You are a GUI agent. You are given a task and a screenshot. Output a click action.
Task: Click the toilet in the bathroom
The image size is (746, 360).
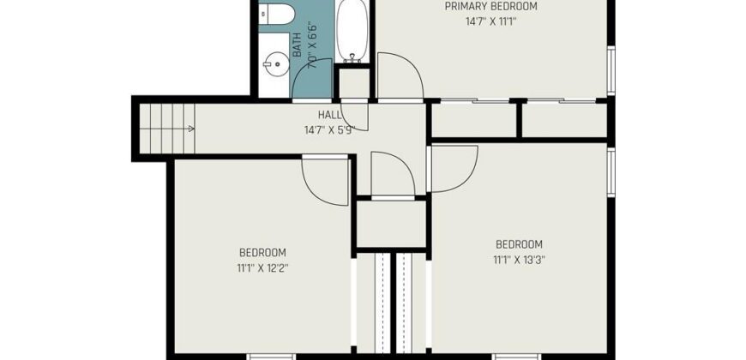point(276,14)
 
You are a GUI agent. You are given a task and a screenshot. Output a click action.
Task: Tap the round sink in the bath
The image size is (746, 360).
point(276,63)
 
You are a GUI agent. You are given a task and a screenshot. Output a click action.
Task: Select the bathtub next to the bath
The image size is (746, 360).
point(352,31)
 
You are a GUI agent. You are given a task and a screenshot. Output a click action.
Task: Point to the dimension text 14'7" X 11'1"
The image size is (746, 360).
point(490,22)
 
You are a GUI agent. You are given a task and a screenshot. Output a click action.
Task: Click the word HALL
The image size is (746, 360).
point(329,115)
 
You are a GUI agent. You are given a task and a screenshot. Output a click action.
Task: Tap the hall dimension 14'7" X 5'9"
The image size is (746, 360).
point(330,129)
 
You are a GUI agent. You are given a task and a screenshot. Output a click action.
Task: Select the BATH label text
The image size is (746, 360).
point(298,45)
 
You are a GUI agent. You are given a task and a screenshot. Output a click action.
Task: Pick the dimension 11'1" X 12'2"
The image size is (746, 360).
point(263,267)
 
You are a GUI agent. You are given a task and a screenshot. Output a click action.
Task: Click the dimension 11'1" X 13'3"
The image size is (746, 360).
point(519,260)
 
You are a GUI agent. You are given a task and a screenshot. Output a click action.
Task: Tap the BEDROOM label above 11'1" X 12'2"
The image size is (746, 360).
point(262,253)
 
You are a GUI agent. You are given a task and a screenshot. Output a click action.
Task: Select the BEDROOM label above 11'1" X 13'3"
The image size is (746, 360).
point(519,244)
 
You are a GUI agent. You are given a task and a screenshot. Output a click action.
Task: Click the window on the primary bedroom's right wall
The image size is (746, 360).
point(611,70)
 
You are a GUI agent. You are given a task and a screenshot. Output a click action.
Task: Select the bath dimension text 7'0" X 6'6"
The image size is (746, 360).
point(313,45)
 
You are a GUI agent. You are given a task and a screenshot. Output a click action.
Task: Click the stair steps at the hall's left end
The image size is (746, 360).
point(167,129)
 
